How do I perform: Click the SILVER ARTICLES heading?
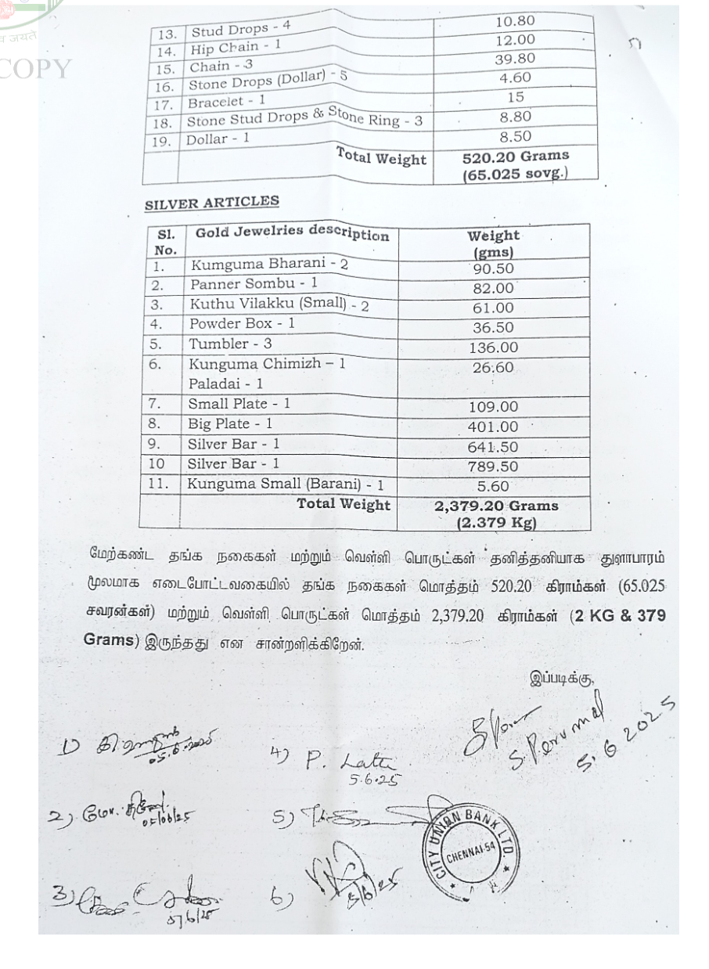[x=211, y=201]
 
